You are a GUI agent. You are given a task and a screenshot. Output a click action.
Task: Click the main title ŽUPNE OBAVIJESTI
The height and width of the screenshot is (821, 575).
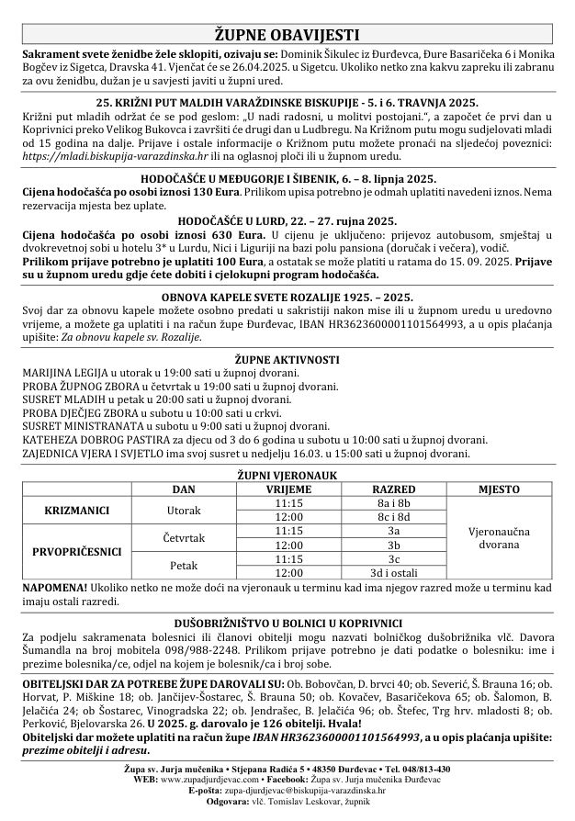[x=287, y=36]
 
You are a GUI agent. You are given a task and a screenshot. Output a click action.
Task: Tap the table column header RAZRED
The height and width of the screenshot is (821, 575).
[x=392, y=490]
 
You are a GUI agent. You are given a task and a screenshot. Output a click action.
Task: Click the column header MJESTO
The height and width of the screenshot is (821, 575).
[x=498, y=490]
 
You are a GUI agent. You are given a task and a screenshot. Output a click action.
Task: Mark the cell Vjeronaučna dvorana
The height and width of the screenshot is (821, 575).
[x=498, y=537]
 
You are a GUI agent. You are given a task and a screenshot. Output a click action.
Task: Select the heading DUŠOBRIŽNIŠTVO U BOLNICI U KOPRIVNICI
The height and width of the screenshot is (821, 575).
[x=287, y=621]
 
